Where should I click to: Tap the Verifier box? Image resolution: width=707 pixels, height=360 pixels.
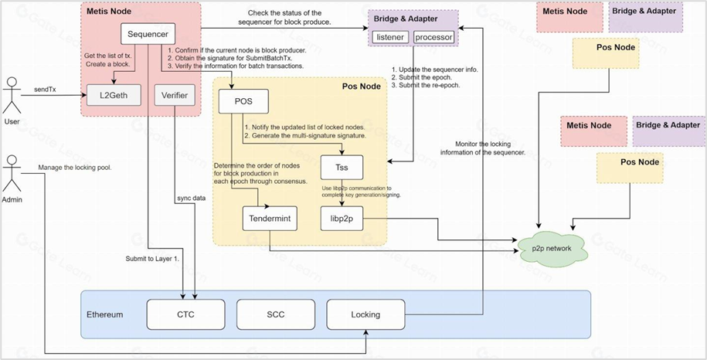(176, 96)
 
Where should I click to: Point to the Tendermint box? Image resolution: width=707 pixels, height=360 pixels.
(270, 219)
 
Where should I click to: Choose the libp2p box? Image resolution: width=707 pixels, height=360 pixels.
(342, 219)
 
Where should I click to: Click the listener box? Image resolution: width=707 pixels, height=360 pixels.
(390, 37)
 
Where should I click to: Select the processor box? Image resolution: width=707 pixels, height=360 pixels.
(434, 37)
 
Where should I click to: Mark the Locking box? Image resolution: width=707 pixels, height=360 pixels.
(365, 314)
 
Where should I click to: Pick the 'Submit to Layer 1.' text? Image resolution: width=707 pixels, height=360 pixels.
(152, 258)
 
